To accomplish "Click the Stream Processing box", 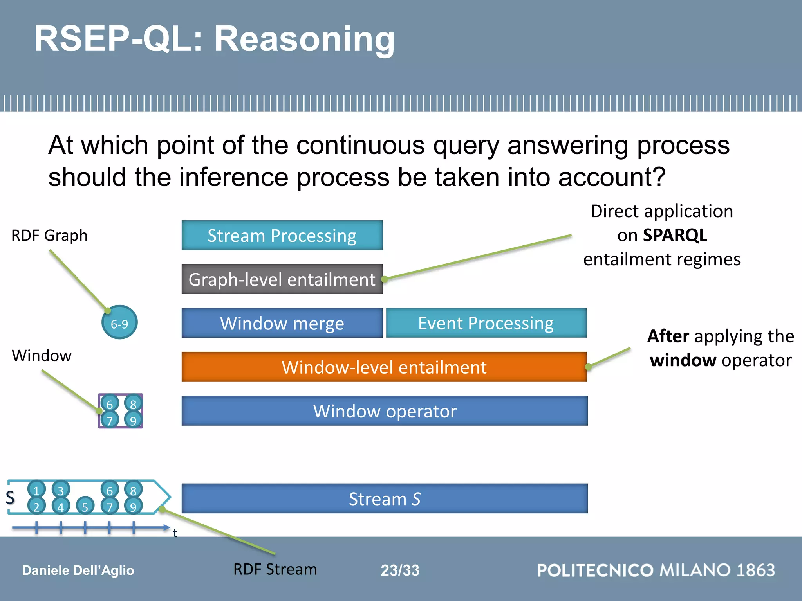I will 282,235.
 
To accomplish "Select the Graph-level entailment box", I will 282,279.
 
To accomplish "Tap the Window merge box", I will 282,323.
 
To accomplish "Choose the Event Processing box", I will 486,323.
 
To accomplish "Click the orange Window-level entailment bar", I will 384,367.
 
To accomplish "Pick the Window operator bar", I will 385,411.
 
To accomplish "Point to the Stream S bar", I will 385,498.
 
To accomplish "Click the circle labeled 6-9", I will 119,322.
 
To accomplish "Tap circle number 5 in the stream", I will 85,506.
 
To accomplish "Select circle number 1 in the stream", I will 36,489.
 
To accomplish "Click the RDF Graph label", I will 49,236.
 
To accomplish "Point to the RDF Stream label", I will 275,569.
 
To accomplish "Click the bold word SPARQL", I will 675,235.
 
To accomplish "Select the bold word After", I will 668,336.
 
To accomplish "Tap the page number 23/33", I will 400,570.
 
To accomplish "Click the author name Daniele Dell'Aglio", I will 78,570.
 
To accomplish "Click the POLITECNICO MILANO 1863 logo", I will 656,570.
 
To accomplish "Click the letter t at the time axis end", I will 175,533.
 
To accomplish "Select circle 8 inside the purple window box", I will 133,403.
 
